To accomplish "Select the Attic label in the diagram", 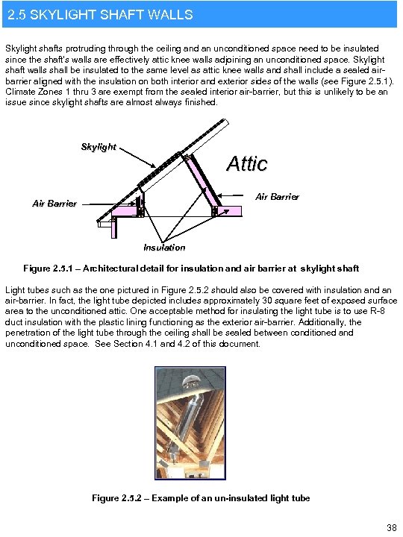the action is (x=246, y=163).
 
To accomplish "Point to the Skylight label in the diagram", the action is (x=99, y=147).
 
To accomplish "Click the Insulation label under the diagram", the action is (x=164, y=248).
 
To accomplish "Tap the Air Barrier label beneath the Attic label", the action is (x=277, y=197).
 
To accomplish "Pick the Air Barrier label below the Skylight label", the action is (x=54, y=204).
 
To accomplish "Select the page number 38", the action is (x=391, y=528).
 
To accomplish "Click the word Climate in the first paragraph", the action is (x=22, y=92).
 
